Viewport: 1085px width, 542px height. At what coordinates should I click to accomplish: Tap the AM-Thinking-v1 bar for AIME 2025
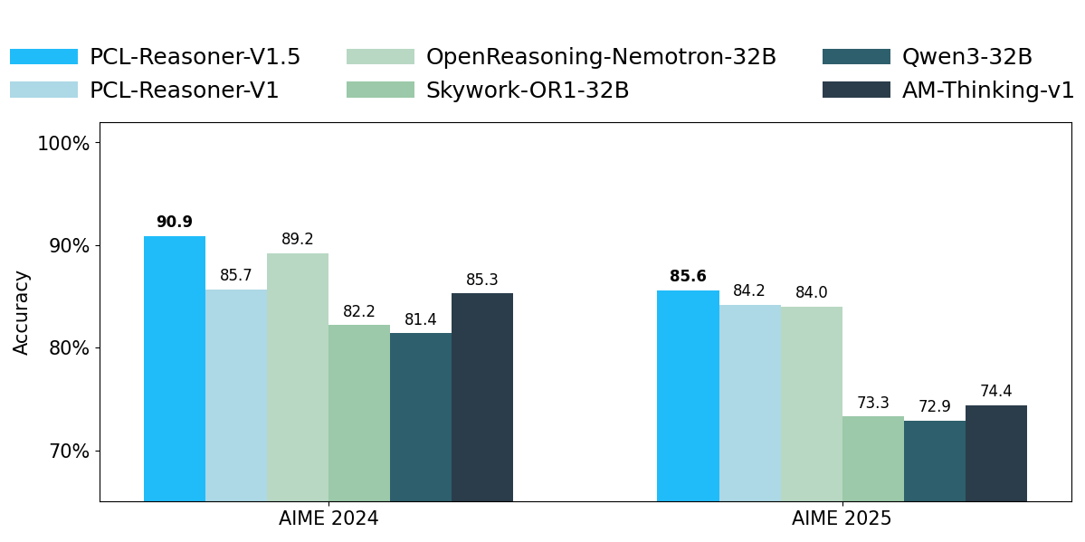(996, 452)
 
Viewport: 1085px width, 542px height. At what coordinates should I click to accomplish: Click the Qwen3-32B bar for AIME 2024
(421, 416)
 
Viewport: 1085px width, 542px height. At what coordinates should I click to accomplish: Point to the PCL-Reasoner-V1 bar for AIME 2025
(750, 403)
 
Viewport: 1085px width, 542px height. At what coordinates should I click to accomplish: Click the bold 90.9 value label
(175, 223)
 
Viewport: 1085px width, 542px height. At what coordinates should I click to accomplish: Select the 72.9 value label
(935, 407)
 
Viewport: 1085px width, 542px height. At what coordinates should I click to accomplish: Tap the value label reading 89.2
(298, 240)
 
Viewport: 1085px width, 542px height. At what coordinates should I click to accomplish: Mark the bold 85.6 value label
(688, 277)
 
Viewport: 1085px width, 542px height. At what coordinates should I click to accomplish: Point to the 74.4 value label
(996, 392)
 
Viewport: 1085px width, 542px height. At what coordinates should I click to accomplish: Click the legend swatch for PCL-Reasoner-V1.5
(43, 57)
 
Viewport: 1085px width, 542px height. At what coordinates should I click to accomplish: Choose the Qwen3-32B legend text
(967, 57)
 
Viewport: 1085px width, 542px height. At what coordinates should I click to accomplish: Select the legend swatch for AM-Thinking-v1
(856, 90)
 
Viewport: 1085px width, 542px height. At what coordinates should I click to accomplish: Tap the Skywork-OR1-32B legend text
(528, 90)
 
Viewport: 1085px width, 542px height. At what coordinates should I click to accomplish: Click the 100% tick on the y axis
(62, 143)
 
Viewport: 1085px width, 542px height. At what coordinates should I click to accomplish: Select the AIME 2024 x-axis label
(328, 519)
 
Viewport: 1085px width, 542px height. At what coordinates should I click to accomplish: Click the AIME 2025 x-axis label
(842, 519)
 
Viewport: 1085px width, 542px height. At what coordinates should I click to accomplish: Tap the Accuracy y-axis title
(22, 312)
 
